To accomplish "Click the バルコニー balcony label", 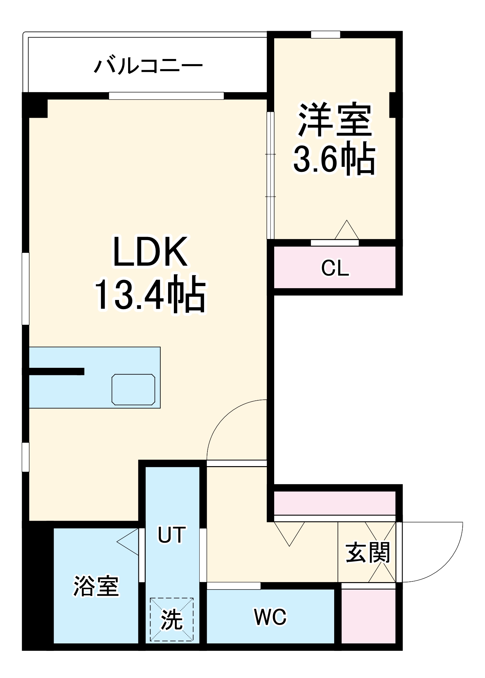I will (x=148, y=65).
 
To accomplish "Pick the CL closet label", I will (x=335, y=268).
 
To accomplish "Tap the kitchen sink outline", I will (x=134, y=389).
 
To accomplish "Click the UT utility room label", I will (x=172, y=535).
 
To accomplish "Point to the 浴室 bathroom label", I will (x=96, y=586).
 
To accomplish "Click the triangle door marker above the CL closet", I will (x=347, y=231).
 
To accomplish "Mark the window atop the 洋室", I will (x=325, y=34).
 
